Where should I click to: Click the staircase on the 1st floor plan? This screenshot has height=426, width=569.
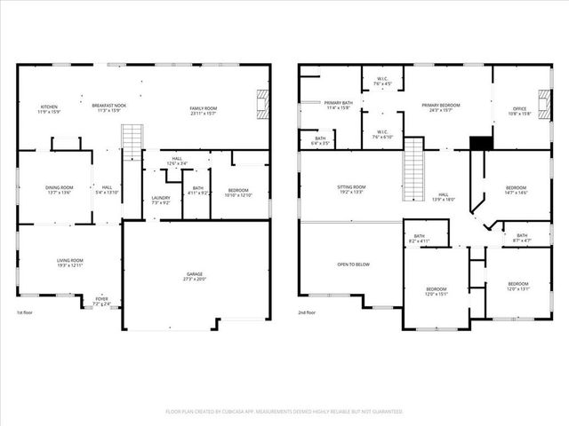132,142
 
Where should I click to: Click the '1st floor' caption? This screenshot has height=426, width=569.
26,313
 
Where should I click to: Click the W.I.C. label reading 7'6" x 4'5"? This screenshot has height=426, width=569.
381,81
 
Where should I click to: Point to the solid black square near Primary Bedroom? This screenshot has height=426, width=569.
480,142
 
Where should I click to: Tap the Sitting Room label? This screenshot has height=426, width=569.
351,189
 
